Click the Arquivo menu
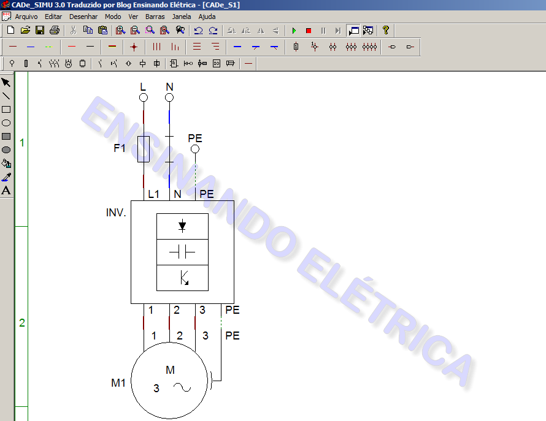coord(26,17)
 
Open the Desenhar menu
coord(83,17)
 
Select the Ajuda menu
coord(207,17)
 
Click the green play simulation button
coord(294,31)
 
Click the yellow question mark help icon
coord(385,30)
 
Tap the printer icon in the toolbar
coord(55,30)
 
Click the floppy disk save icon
coord(40,30)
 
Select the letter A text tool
coord(6,191)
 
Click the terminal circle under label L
coord(144,98)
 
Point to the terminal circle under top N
coord(169,98)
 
